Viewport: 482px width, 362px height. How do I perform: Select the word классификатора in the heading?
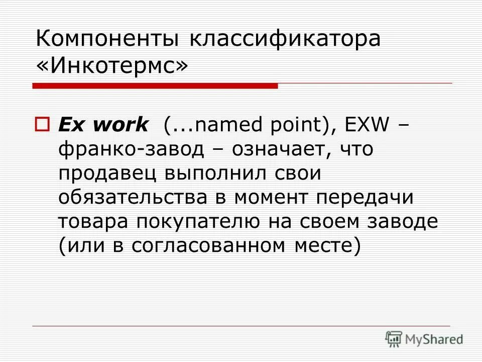tap(285, 39)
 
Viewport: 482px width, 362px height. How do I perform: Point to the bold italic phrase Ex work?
tap(103, 124)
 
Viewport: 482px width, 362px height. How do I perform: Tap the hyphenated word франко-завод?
tap(132, 149)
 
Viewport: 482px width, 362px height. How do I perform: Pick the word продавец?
tap(107, 173)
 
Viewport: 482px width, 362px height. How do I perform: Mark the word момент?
tap(271, 198)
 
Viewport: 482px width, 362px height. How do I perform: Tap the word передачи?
tap(365, 198)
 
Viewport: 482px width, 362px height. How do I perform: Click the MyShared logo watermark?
tap(424, 339)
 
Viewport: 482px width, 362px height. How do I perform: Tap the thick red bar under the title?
tap(155, 86)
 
